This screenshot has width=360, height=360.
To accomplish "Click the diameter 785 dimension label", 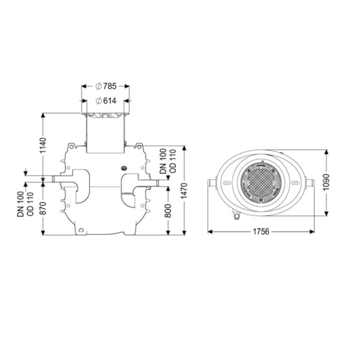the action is pyautogui.click(x=106, y=86).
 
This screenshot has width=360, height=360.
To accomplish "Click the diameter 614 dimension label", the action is pyautogui.click(x=106, y=101).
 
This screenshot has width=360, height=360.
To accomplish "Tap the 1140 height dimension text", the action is pyautogui.click(x=43, y=145).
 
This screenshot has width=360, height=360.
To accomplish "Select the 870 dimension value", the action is pyautogui.click(x=43, y=208).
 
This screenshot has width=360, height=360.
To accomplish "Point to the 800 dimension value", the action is pyautogui.click(x=168, y=211).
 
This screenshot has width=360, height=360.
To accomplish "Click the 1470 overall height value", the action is pyautogui.click(x=184, y=191).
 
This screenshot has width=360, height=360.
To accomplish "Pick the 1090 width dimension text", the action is pyautogui.click(x=326, y=182).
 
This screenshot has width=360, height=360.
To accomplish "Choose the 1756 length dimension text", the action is pyautogui.click(x=261, y=232).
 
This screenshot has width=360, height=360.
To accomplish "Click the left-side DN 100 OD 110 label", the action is pyautogui.click(x=25, y=204).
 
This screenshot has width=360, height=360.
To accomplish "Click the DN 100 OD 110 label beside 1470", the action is pyautogui.click(x=168, y=161).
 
